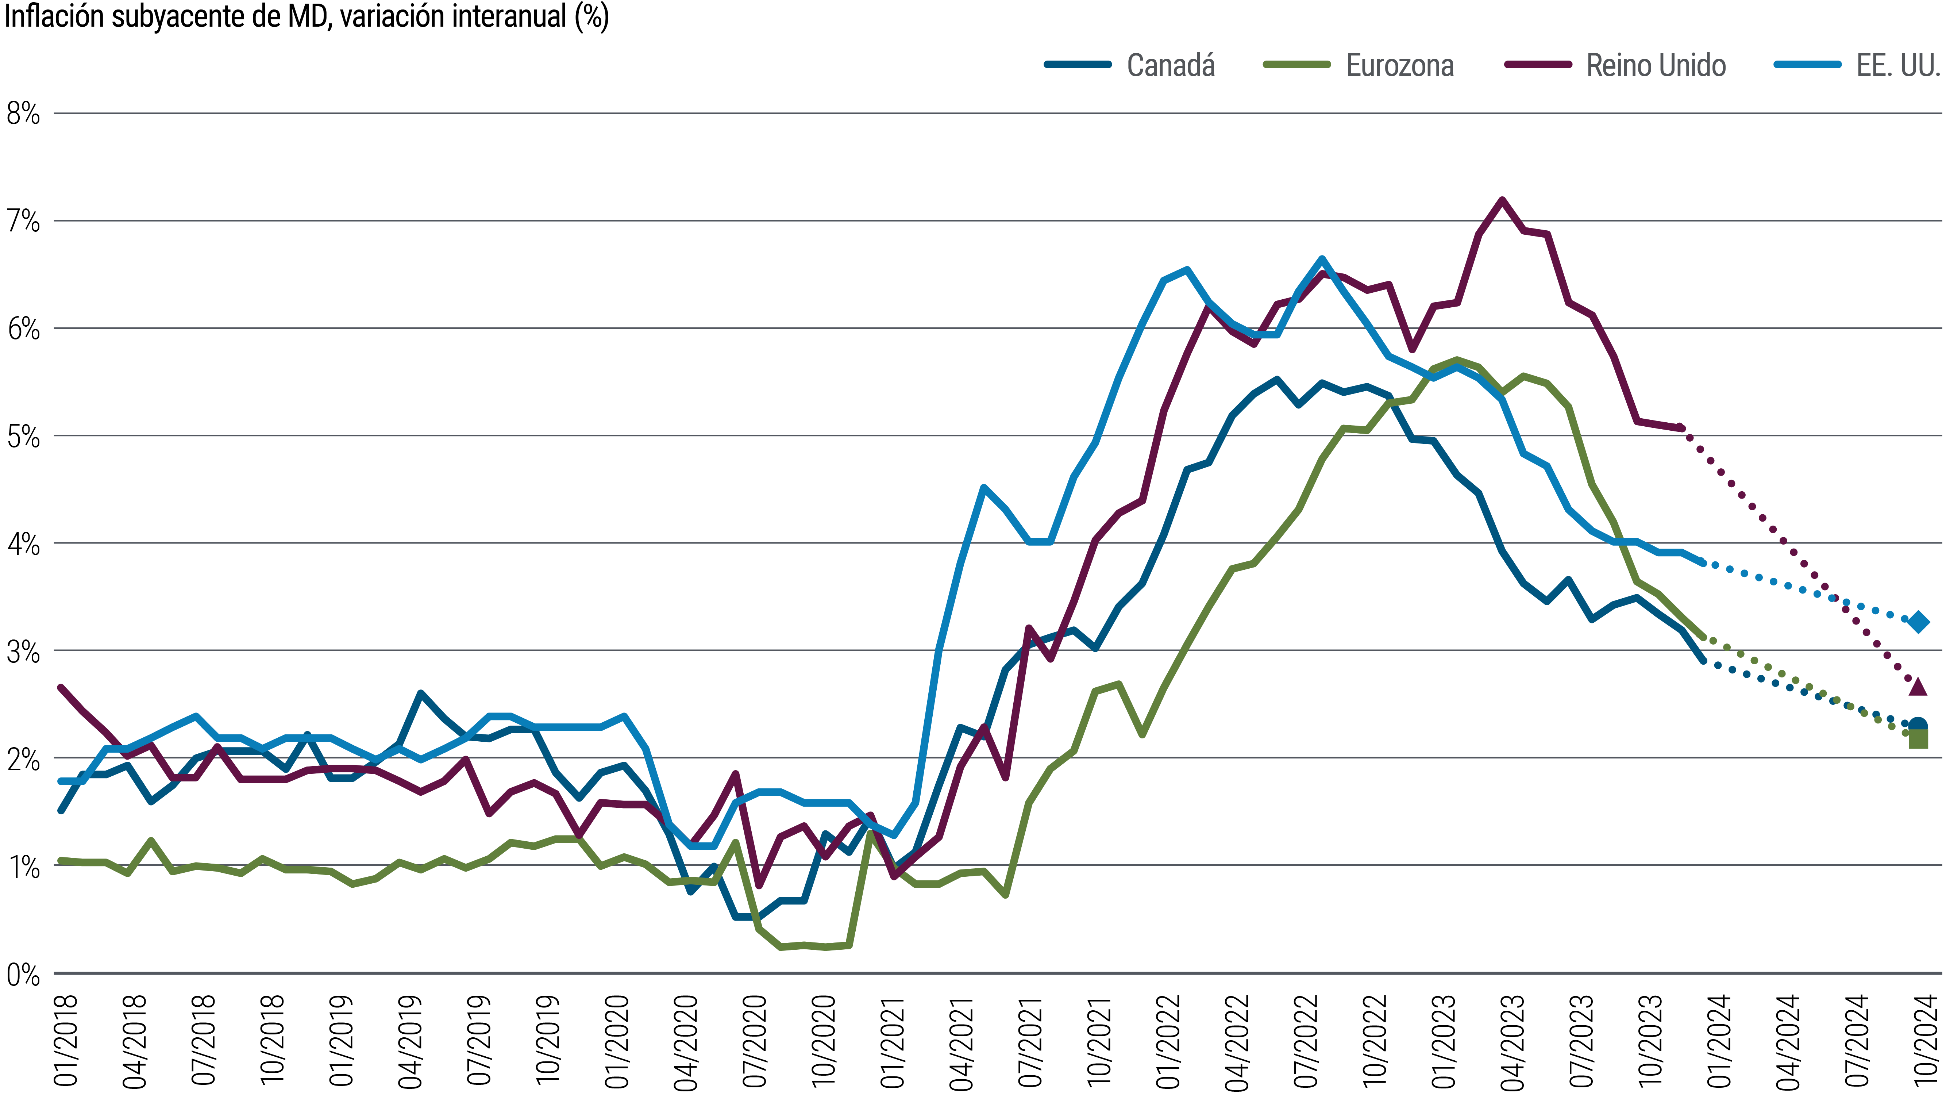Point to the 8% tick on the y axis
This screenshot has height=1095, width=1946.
tap(23, 114)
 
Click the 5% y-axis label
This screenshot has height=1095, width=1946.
tap(23, 437)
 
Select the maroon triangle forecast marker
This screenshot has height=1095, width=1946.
tap(1918, 686)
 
